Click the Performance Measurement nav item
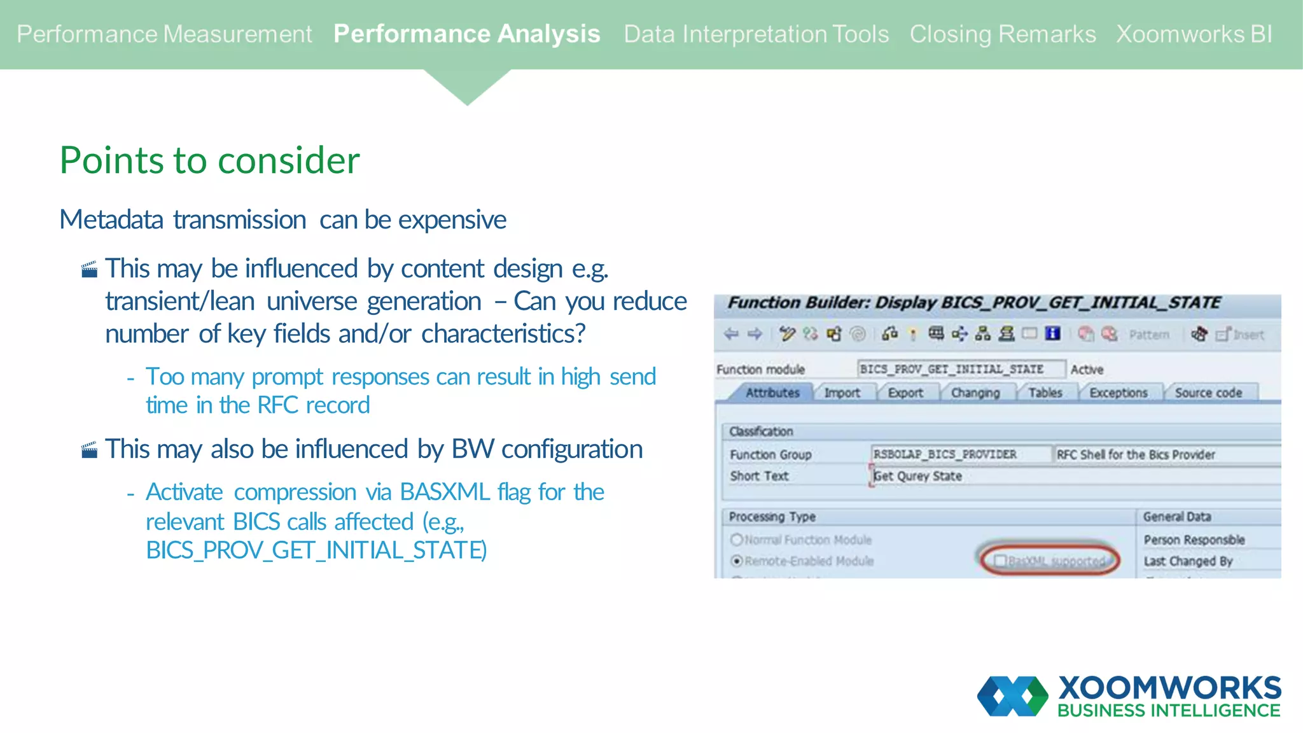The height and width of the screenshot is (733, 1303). pos(164,34)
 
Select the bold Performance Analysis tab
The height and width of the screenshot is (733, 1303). pos(466,34)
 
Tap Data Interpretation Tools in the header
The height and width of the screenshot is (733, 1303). pos(756,34)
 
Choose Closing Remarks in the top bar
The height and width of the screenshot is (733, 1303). pos(1002,34)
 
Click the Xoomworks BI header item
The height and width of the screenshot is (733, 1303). pos(1194,34)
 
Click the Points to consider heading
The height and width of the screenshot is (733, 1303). pos(209,160)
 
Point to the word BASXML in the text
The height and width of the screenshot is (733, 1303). pos(445,492)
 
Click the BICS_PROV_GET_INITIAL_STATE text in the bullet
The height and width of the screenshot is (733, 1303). pos(316,550)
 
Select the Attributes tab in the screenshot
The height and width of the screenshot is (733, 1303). pos(772,393)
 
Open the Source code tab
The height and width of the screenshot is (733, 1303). pos(1208,393)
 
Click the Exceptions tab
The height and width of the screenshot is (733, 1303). pos(1118,393)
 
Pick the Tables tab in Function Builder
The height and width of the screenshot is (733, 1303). pos(1045,393)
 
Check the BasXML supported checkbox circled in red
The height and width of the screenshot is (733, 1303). pos(1000,561)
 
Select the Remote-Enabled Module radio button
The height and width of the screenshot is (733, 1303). pos(737,561)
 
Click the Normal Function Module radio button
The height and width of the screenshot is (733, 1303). pos(737,540)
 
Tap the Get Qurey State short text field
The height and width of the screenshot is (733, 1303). pos(917,476)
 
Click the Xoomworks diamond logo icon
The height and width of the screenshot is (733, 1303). pos(1012,696)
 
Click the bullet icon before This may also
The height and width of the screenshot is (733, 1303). pos(90,450)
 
